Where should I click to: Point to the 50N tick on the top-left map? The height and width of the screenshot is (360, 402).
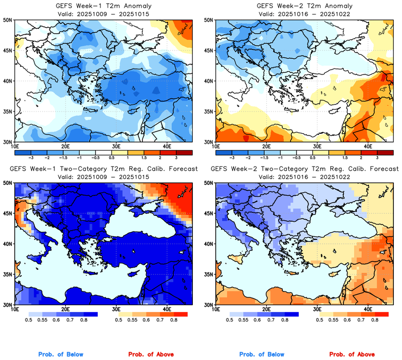8,20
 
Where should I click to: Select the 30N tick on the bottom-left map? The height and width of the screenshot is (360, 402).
8,305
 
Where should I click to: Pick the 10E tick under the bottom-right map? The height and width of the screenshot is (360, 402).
216,309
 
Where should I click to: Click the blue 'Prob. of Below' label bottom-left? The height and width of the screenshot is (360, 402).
61,354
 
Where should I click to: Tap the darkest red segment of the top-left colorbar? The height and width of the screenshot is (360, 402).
183,151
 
